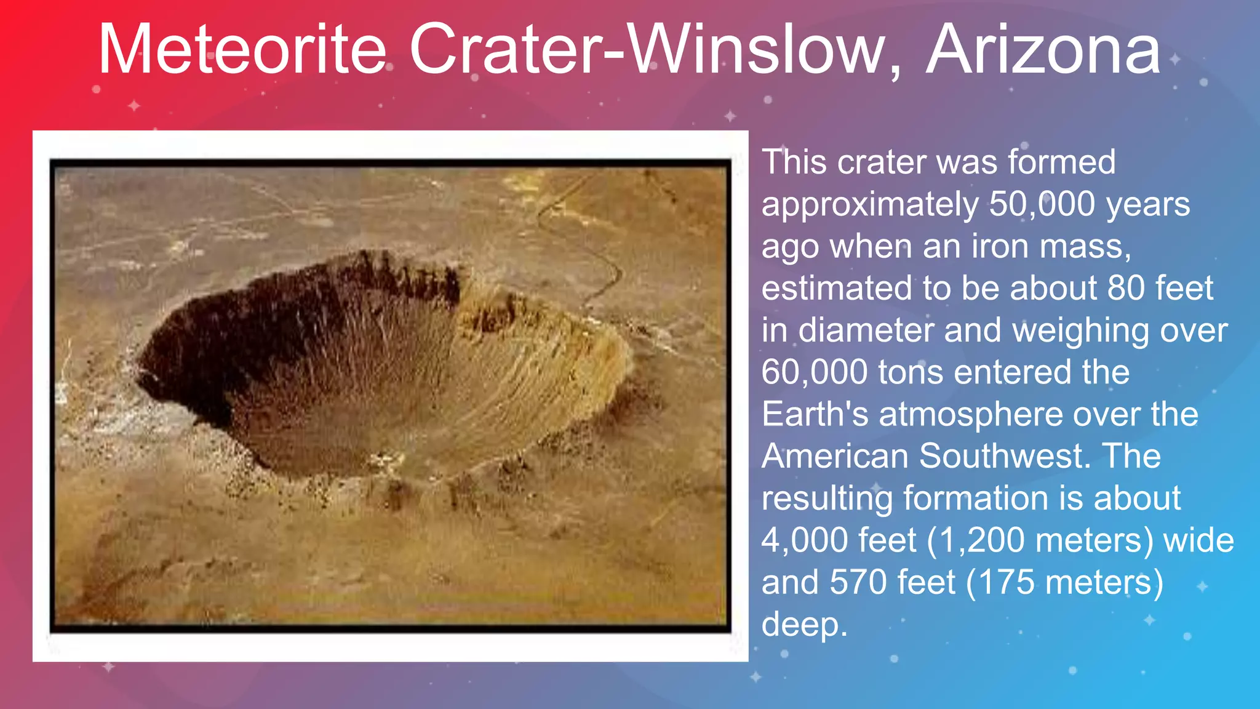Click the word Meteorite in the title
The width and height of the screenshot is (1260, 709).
pos(242,49)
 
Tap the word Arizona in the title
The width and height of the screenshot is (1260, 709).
pos(1043,49)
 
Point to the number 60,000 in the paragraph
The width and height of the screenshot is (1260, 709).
pos(813,372)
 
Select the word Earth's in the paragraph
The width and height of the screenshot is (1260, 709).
pos(815,414)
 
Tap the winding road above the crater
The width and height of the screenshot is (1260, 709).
pos(591,246)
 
